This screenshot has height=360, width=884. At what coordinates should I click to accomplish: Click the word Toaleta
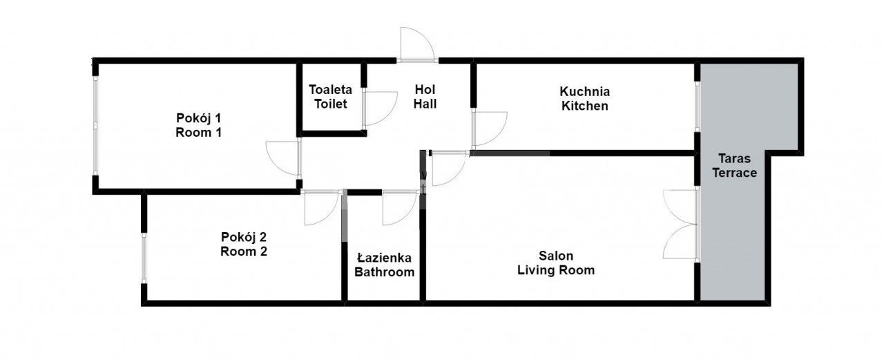pyautogui.click(x=330, y=89)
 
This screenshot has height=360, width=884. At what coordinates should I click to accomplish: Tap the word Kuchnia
pyautogui.click(x=584, y=91)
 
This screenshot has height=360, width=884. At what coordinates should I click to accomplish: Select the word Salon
pyautogui.click(x=556, y=256)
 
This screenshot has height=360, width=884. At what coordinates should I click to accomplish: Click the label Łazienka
pyautogui.click(x=384, y=257)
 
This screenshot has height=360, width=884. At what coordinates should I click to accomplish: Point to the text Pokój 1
pyautogui.click(x=198, y=117)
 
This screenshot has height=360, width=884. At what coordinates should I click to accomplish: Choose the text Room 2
pyautogui.click(x=244, y=252)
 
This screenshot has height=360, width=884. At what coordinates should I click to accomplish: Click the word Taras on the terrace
pyautogui.click(x=734, y=158)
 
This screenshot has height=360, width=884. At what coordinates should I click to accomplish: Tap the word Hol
pyautogui.click(x=425, y=89)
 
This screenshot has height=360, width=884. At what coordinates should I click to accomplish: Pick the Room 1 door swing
pyautogui.click(x=284, y=158)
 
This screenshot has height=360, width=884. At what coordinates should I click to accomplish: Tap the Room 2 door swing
pyautogui.click(x=321, y=207)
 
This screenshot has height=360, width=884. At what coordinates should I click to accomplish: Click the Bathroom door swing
pyautogui.click(x=399, y=207)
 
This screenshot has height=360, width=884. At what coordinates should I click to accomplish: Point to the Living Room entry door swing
pyautogui.click(x=447, y=168)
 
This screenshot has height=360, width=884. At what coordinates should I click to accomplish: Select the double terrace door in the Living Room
pyautogui.click(x=681, y=223)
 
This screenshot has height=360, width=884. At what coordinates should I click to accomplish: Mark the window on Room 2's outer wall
pyautogui.click(x=144, y=258)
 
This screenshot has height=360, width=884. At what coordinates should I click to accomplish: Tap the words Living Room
pyautogui.click(x=556, y=270)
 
